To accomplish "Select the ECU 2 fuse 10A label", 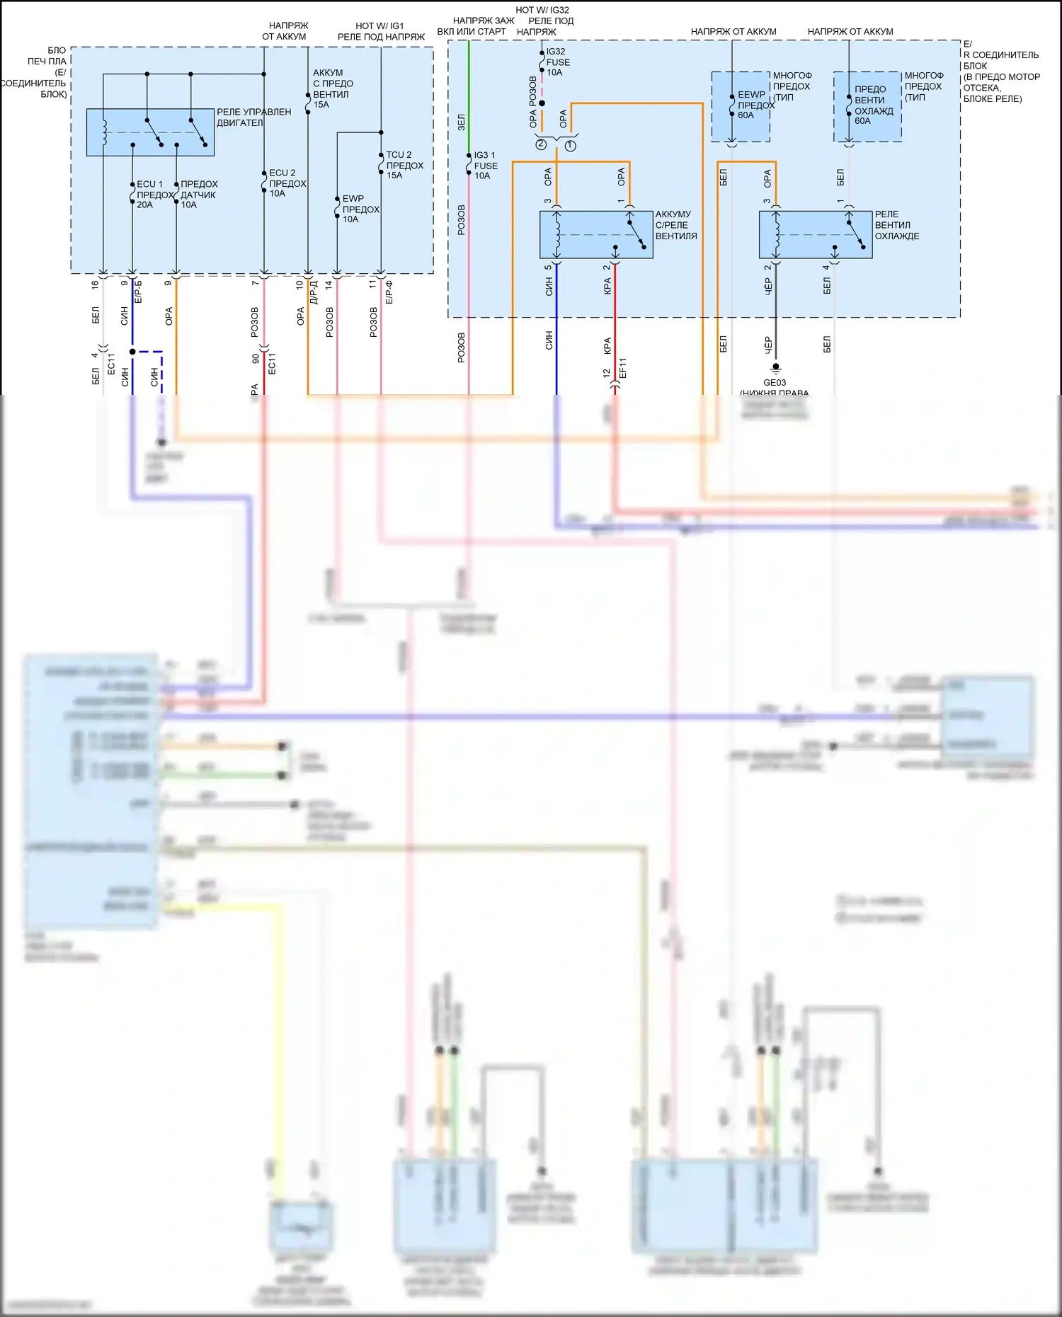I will coord(287,183).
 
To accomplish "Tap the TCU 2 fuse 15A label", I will coord(404,165).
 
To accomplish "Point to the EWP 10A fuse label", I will coord(360,209).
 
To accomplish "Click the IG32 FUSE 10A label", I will coord(558,62).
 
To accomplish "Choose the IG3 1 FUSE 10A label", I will coord(486,166).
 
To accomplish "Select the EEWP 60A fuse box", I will coord(741,106).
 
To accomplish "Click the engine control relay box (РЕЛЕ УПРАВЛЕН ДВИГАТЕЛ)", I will coord(150,132).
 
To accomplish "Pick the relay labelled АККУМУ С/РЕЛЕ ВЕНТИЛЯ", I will coord(596,234).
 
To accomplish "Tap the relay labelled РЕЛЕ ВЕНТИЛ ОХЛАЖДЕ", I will coord(816,234).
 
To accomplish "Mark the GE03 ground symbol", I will coord(775,368).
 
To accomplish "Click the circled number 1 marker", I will coord(571,145).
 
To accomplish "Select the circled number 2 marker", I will coord(541,144).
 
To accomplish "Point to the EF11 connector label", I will coord(623,368).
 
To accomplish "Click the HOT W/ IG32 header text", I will coord(542,10).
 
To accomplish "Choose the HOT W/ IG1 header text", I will coord(379,25).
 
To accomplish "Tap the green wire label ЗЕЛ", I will coord(461,122).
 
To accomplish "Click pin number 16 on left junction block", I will coord(95,284).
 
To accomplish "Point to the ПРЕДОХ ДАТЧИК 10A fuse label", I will coord(199,195).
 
